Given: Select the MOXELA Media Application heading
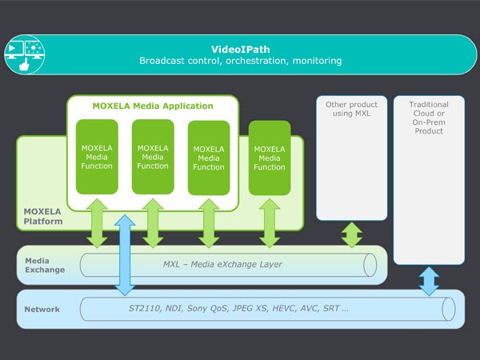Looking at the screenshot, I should tap(151, 106).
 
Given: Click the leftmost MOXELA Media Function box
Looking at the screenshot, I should tap(97, 157).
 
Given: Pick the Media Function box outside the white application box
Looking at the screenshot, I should tap(270, 157).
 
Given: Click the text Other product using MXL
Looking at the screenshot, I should tap(352, 110).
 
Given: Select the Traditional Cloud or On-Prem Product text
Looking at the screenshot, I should tap(429, 118).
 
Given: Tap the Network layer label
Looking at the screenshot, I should tap(42, 309).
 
